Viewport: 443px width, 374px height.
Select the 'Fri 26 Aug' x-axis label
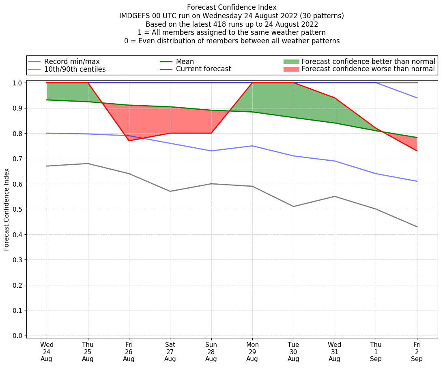pos(129,352)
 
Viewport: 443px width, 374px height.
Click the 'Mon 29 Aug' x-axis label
pos(252,352)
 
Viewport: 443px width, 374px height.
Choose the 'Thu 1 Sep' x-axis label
pos(376,352)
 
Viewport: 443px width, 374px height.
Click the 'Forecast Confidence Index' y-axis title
pos(6,209)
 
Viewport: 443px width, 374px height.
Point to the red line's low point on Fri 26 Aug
pos(129,140)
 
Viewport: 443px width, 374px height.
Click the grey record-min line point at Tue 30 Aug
pos(293,206)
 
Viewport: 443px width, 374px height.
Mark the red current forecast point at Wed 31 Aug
pos(335,98)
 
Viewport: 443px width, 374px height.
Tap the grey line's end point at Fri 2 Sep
pos(417,227)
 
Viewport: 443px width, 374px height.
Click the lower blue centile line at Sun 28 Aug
pos(211,151)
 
